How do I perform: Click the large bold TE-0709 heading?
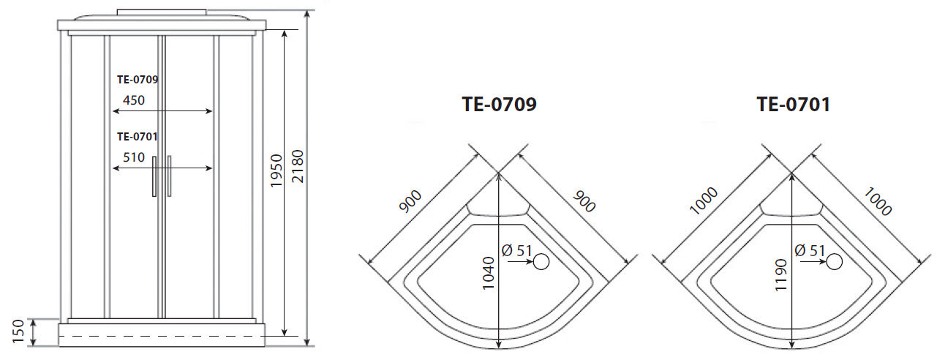click(x=499, y=105)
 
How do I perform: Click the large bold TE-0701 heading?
click(x=793, y=105)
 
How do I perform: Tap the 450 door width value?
click(x=133, y=100)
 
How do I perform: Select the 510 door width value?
click(x=133, y=157)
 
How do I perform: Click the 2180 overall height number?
click(x=297, y=167)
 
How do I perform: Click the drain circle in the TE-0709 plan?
click(x=541, y=262)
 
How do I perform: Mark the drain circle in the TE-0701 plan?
click(x=834, y=261)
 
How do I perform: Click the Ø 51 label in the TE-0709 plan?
click(x=516, y=250)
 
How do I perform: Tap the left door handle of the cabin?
click(x=154, y=176)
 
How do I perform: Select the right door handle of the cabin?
click(x=169, y=176)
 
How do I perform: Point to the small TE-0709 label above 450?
click(x=138, y=80)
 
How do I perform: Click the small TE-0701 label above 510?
click(x=138, y=136)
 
